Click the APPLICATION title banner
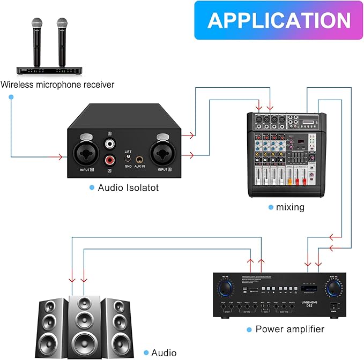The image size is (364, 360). [279, 20]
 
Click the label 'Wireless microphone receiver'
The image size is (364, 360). [57, 85]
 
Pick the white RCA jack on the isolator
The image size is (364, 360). [110, 143]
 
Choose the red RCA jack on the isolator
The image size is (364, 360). [110, 159]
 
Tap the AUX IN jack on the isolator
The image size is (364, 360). [139, 159]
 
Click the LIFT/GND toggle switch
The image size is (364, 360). [128, 159]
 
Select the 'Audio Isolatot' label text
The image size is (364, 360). [128, 188]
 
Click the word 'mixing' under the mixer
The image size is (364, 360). [290, 207]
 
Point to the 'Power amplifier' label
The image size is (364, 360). [289, 329]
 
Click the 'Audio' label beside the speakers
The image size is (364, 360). [164, 352]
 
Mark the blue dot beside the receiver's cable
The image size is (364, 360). [11, 96]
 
